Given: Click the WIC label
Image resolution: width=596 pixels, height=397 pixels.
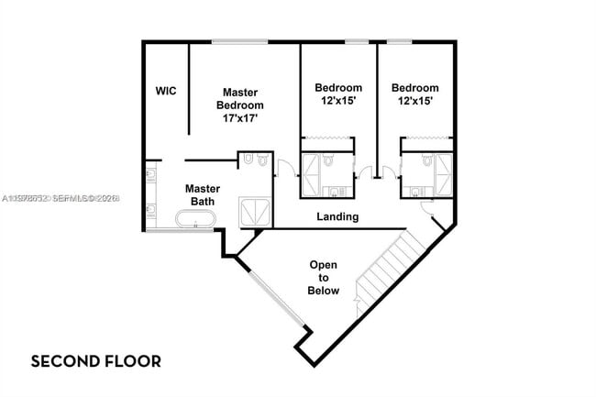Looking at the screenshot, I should pos(165,91).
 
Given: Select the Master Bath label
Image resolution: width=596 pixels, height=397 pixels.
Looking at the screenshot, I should pos(203,194).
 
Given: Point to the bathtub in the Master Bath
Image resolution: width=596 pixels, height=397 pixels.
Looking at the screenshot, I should pos(196,220).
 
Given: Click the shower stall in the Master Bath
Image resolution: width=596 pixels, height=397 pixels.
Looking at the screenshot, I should pos(255,212).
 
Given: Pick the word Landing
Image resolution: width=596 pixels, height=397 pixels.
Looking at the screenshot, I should pos(337,217).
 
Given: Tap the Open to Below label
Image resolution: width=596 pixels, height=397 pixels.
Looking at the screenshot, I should pos(323,278).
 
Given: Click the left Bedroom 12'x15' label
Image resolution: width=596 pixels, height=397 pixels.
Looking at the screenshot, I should pos(338,94).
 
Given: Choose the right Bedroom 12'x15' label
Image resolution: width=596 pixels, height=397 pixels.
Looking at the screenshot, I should pos(415,94).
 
